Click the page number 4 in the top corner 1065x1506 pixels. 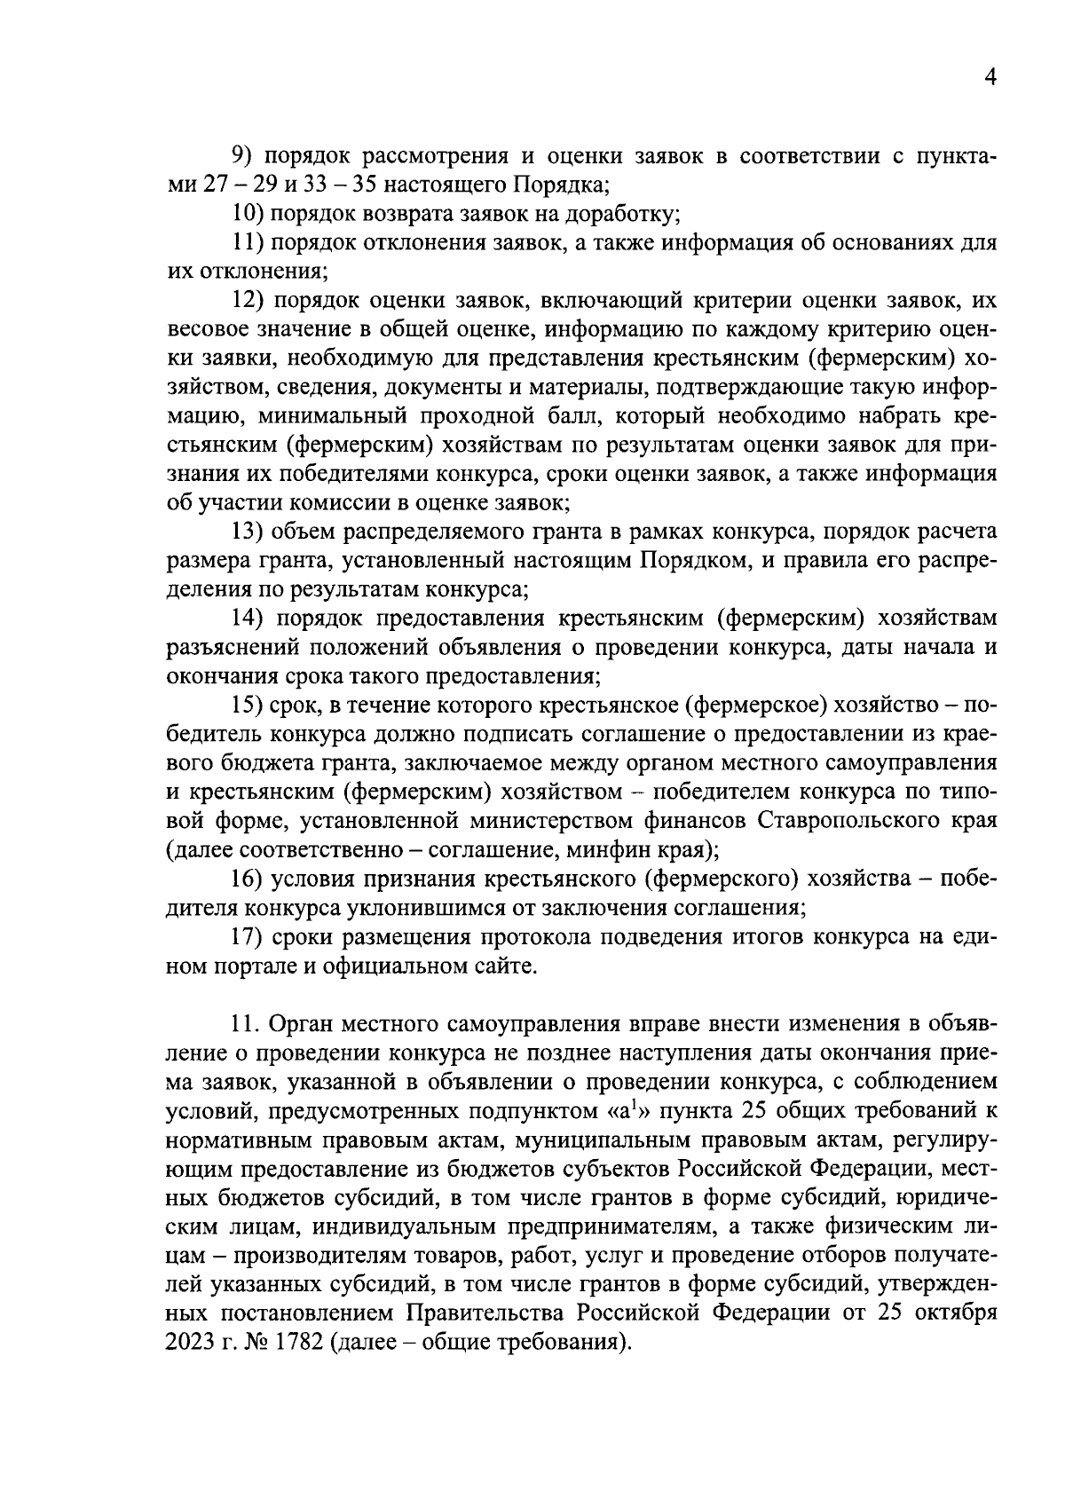pyautogui.click(x=990, y=78)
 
